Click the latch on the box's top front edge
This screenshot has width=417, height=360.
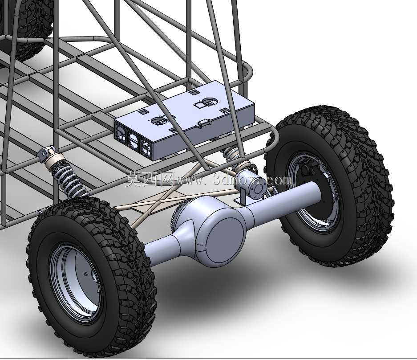(204, 123)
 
